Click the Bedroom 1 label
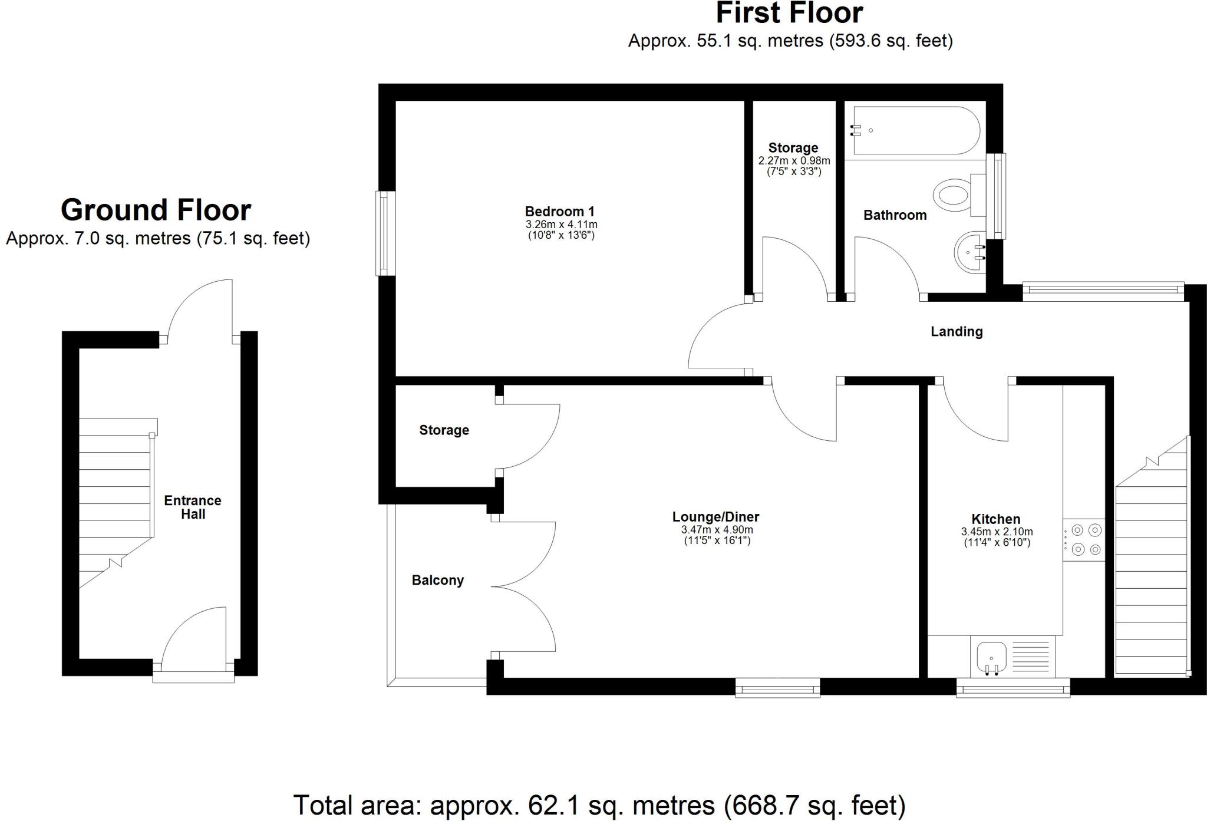[560, 212]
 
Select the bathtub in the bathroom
[916, 131]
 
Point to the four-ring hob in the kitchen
[1084, 540]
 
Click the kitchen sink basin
[991, 658]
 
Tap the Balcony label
[437, 581]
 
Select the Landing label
[957, 332]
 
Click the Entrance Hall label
[193, 507]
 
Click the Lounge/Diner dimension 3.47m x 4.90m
[717, 530]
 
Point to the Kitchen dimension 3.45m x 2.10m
[997, 532]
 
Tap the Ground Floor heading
[156, 210]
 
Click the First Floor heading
[790, 13]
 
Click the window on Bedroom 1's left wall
[385, 233]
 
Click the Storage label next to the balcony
[444, 430]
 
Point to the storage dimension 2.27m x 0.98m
[794, 161]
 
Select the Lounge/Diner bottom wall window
[777, 687]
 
